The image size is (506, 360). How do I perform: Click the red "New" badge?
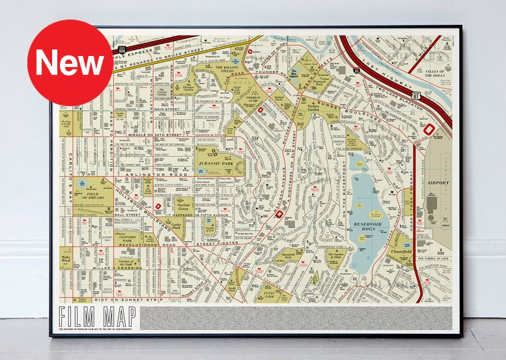[x=70, y=62]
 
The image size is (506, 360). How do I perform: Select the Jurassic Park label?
[x=214, y=156]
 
